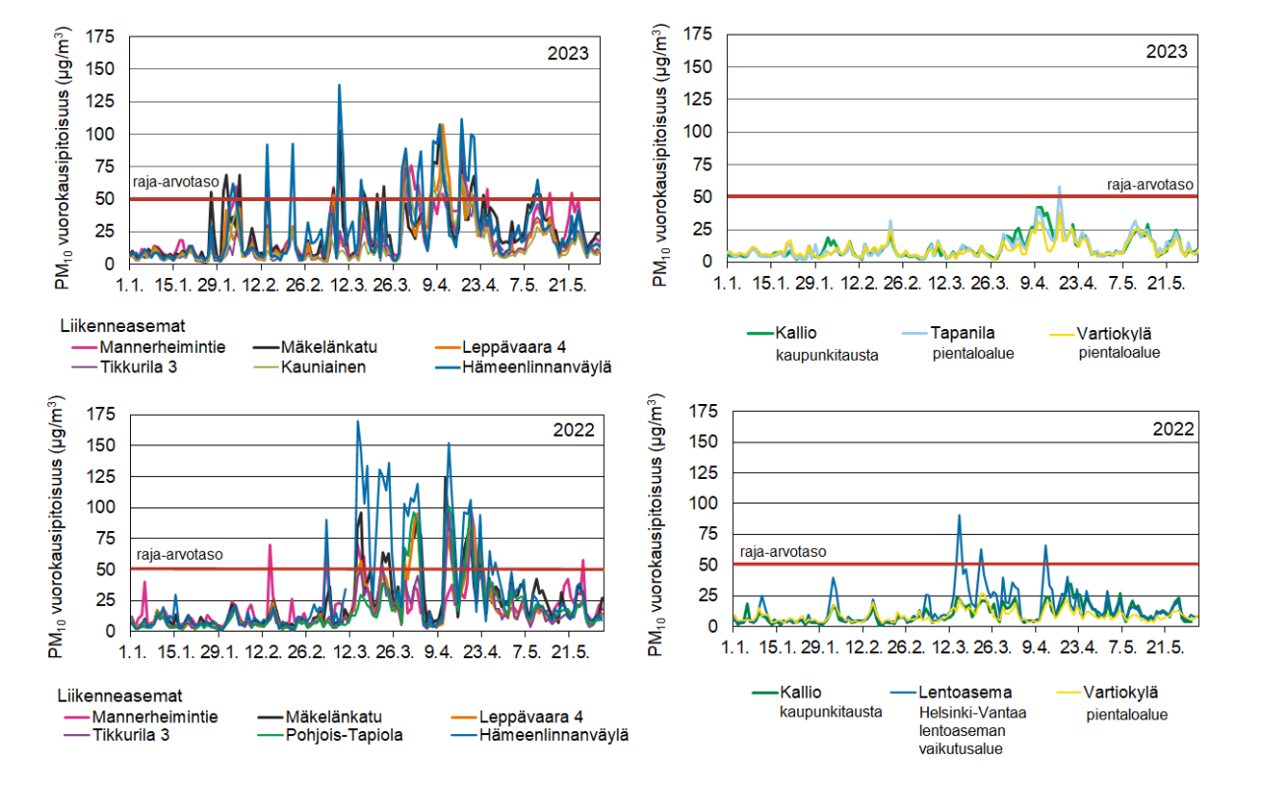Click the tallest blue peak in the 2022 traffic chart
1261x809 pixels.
(x=358, y=422)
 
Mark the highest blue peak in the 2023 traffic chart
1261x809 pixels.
(x=339, y=86)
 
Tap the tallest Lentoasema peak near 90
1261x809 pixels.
(x=959, y=514)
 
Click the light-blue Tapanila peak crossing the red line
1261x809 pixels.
(x=1060, y=187)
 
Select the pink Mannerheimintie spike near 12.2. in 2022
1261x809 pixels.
(x=270, y=545)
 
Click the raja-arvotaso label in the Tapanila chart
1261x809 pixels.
(x=1150, y=183)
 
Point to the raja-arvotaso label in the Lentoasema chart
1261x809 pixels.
(x=783, y=552)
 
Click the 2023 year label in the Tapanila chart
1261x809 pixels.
(x=1166, y=51)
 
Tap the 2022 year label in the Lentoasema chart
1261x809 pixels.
(x=1174, y=429)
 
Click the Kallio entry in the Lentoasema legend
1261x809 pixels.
(x=798, y=693)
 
